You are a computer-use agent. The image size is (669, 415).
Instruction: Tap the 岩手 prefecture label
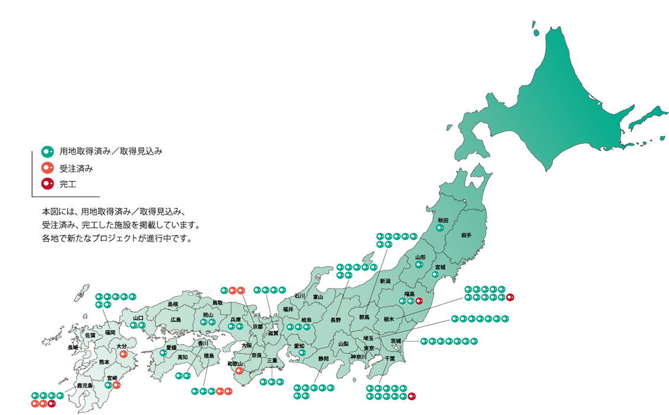coord(466,235)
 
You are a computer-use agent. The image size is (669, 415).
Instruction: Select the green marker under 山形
coord(419,265)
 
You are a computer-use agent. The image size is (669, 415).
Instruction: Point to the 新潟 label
coord(386,280)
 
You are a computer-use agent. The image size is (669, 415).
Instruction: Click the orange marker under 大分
coord(123,354)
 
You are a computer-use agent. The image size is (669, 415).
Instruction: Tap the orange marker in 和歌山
coord(239,372)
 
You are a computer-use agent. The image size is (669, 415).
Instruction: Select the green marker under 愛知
coord(302,353)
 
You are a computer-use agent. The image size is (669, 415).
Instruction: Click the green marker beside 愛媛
coord(163,353)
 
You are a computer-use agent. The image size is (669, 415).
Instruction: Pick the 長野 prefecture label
coord(336,320)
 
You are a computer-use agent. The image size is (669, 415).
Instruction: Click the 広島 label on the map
coord(176,320)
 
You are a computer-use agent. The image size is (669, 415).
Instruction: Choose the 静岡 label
coord(323,358)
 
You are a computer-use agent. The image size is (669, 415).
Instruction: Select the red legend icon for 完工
coord(47,183)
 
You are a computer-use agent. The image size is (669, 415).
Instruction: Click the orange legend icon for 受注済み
coord(47,168)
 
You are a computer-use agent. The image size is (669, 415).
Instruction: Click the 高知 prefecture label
coord(182,357)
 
